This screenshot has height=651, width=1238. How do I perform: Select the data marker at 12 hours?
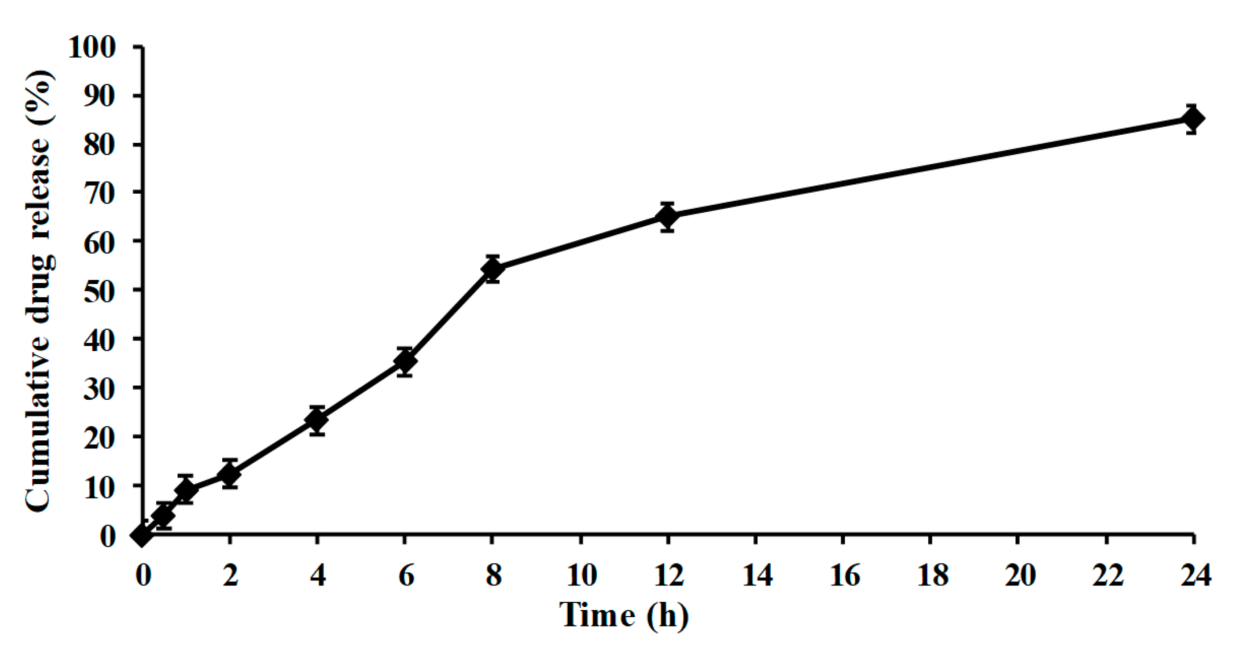click(x=668, y=217)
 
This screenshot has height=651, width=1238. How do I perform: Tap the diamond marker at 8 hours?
click(x=492, y=269)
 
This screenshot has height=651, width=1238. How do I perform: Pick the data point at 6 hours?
click(x=405, y=361)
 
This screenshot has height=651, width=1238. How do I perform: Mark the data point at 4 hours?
click(x=317, y=420)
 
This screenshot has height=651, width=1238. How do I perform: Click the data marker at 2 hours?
click(x=230, y=474)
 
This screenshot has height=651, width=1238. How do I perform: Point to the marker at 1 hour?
click(x=186, y=489)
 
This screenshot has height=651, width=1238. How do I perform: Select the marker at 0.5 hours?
click(x=163, y=515)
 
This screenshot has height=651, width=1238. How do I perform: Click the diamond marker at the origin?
click(x=142, y=535)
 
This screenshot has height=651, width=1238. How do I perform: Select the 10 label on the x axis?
click(x=582, y=575)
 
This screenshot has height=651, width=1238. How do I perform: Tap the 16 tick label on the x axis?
click(x=844, y=575)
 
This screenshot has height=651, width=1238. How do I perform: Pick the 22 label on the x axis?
click(x=1107, y=575)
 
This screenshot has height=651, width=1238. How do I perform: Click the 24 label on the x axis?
click(x=1196, y=575)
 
